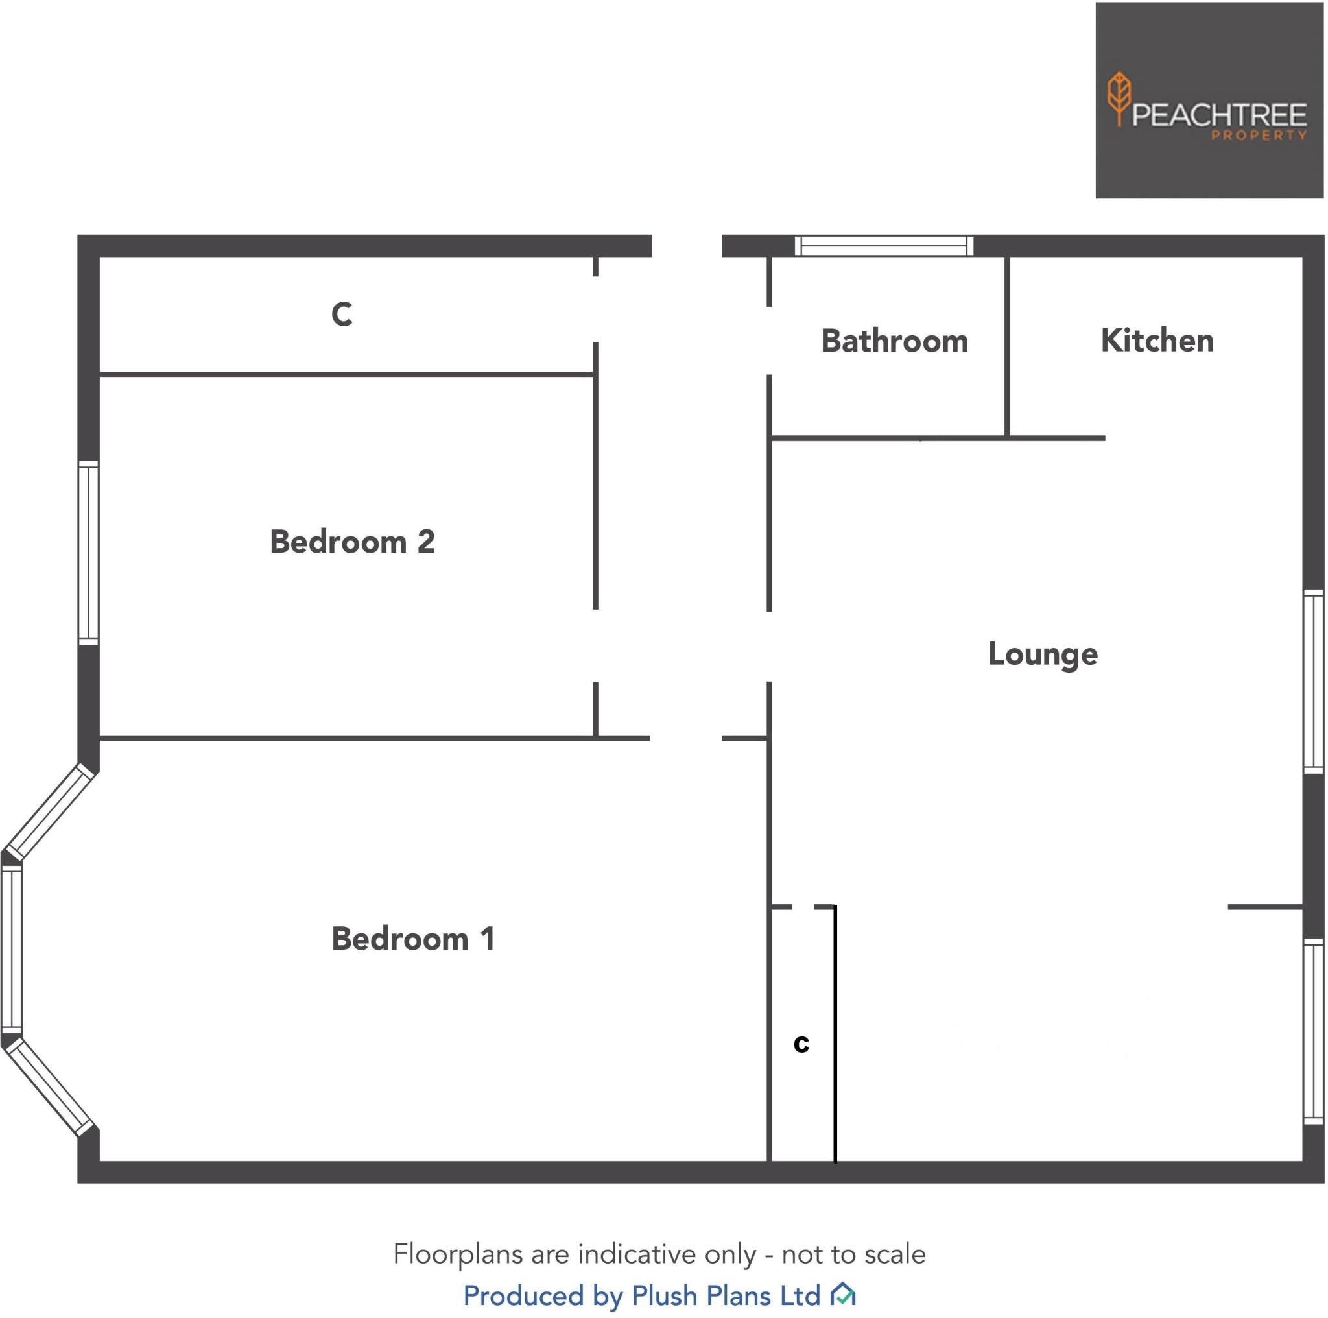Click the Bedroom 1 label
coord(413,939)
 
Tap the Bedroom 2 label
coord(352,542)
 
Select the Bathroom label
coord(894,341)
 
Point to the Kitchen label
coord(1157,341)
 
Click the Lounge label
coord(1043,654)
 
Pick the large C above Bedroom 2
coord(342,314)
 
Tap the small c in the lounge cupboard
coord(801,1044)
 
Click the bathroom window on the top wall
coord(884,245)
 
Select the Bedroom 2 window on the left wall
coord(88,553)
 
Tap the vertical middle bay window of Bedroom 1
coord(11,949)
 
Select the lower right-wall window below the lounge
coord(1314,1031)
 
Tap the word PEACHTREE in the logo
coord(1218,115)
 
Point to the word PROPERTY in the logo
coord(1258,136)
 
